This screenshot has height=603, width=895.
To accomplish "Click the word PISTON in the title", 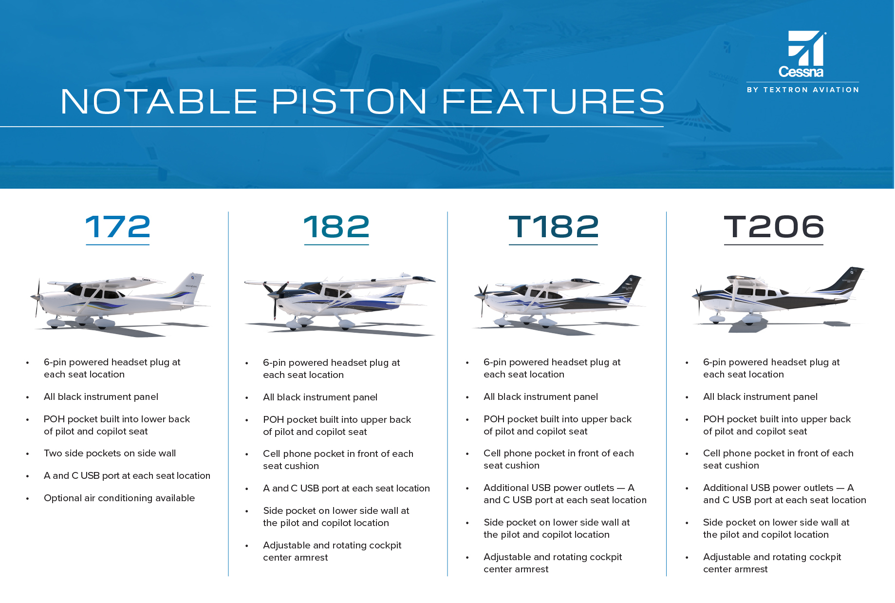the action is point(349,101).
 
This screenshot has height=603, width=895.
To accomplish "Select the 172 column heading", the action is point(118,227).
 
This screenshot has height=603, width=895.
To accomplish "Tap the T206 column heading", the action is point(774,227).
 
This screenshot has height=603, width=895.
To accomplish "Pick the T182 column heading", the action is point(554,227).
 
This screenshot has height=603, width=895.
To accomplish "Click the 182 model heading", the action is point(336,227).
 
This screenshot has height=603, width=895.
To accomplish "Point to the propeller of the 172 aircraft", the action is point(37,298).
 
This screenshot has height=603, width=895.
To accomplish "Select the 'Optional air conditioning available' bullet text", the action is point(119,498).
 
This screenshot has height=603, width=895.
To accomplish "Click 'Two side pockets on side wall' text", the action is point(110,453).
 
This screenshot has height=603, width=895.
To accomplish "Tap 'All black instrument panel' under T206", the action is point(760,396).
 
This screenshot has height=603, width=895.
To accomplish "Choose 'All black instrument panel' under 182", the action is point(320,397).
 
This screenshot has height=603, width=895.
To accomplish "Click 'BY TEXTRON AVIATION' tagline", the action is point(803,90).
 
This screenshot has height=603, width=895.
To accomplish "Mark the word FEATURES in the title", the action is point(553,101).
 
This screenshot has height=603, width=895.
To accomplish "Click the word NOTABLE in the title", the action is point(159,101).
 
